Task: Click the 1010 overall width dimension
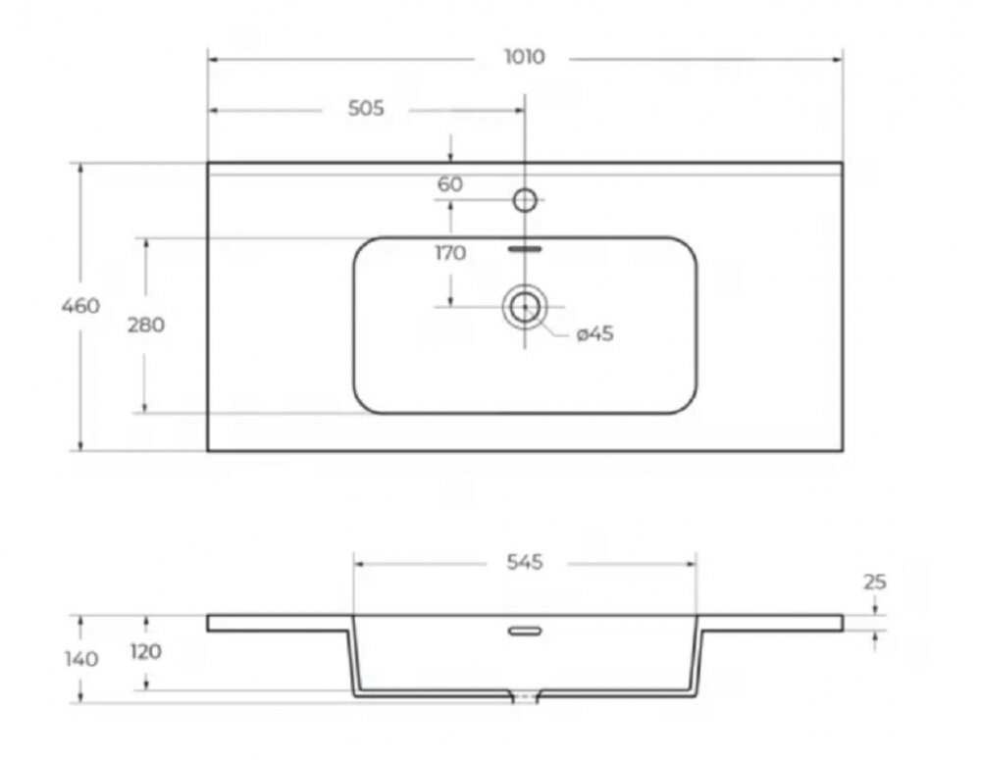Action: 524,57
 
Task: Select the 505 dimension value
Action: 366,108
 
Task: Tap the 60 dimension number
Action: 450,184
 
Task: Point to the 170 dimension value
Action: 450,253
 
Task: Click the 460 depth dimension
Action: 80,306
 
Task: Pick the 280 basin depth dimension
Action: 146,325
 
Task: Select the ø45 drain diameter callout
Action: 594,333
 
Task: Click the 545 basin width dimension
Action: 524,562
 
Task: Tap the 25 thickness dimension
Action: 875,582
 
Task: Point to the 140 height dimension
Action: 81,659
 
